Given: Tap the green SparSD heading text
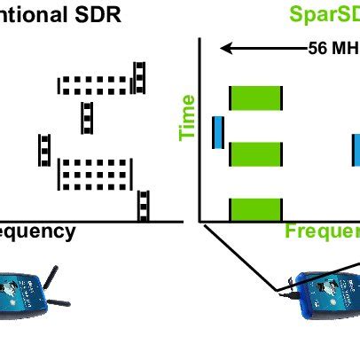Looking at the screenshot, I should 324,15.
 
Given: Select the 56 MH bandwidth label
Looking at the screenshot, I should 333,48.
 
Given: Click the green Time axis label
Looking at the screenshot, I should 187,121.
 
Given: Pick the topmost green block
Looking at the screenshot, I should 255,98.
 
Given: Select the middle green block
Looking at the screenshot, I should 255,153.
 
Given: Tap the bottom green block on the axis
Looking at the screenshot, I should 255,209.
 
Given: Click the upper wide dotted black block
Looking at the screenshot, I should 96,85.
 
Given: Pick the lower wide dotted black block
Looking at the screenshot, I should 95,174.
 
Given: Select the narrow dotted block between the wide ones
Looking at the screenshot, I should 87,117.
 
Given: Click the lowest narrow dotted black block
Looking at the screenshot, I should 143,206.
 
